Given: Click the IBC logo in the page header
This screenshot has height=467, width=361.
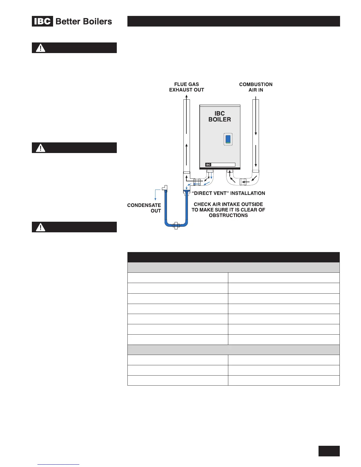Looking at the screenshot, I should (x=42, y=22).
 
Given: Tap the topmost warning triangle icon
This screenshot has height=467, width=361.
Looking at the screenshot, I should (x=40, y=48).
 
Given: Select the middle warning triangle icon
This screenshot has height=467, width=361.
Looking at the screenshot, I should (x=40, y=148).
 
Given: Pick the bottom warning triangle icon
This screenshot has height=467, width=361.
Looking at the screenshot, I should (x=40, y=227).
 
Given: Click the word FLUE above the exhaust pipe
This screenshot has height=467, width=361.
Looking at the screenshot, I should (x=181, y=84).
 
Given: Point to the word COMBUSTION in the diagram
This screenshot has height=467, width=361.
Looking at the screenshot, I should (x=256, y=84).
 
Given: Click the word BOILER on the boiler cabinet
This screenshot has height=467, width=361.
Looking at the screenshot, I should (x=220, y=119).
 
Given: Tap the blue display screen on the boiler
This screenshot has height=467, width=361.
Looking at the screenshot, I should (x=228, y=139).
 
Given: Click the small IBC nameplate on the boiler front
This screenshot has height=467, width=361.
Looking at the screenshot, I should (x=208, y=165).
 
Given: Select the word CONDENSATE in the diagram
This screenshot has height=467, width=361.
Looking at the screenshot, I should (x=144, y=205).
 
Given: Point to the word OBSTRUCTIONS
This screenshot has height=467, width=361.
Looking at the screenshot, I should (x=228, y=215).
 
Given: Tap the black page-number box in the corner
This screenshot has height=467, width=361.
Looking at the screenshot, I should (x=329, y=451).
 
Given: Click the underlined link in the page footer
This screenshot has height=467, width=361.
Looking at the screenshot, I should (x=59, y=464).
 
